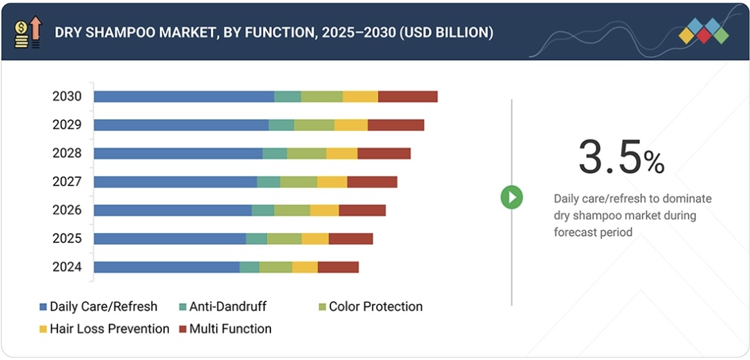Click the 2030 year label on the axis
(67, 97)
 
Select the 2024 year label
(67, 267)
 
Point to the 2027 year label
(67, 181)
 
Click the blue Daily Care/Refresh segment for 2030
(184, 97)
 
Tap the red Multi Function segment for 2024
(338, 267)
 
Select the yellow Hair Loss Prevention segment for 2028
(342, 153)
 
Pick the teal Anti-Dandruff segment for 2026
(263, 210)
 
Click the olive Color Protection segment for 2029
(314, 125)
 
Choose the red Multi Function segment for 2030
(408, 97)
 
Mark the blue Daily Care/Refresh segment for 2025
(170, 239)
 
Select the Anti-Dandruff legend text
(228, 307)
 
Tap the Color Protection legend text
(375, 307)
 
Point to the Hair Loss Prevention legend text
(109, 329)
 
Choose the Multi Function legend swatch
(183, 329)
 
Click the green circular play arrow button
(511, 198)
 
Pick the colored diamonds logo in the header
(703, 32)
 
